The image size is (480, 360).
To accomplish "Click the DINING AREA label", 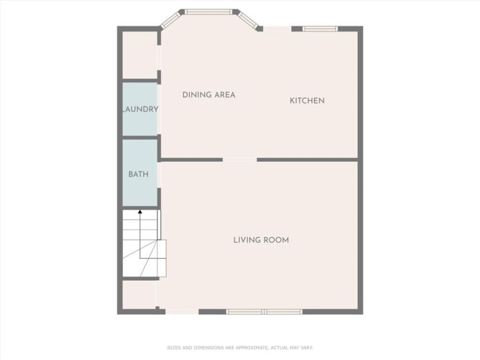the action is (209, 95).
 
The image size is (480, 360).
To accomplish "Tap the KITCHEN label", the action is (307, 101).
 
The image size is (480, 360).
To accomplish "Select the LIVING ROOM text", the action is (261, 240).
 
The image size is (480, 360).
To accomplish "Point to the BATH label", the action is (138, 174).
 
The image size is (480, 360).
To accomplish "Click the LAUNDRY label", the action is (140, 109).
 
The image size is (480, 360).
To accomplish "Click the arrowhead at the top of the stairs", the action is (140, 211).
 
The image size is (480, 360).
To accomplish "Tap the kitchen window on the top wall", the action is (320, 29).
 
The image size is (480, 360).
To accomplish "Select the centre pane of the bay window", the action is (208, 12).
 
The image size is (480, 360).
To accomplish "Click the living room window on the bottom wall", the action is (264, 312).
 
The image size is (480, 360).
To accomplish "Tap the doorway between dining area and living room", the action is (240, 160).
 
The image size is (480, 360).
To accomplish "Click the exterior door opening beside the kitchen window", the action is (277, 29).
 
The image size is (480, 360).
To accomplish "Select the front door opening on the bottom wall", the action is (182, 312).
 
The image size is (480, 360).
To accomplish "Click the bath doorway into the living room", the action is (159, 175).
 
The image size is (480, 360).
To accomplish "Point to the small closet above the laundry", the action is (140, 55).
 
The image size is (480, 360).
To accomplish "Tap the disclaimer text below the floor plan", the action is (240, 348).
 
